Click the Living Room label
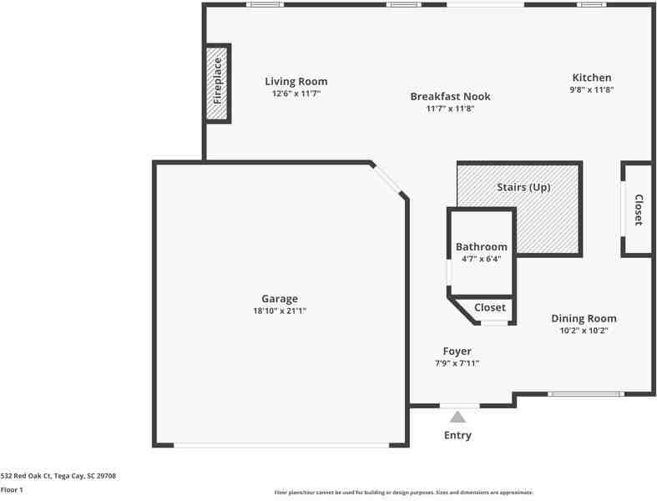pyautogui.click(x=296, y=81)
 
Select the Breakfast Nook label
pyautogui.click(x=450, y=96)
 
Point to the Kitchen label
pyautogui.click(x=591, y=78)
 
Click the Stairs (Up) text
pyautogui.click(x=523, y=187)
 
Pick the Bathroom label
pyautogui.click(x=481, y=246)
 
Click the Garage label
pyautogui.click(x=279, y=298)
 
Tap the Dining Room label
pyautogui.click(x=584, y=318)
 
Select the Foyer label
pyautogui.click(x=457, y=351)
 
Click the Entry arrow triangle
pyautogui.click(x=457, y=417)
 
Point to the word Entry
pyautogui.click(x=457, y=435)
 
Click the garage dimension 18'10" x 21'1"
pyautogui.click(x=279, y=311)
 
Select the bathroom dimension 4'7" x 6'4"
pyautogui.click(x=481, y=259)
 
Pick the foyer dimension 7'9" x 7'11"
pyautogui.click(x=457, y=363)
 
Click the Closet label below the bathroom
pyautogui.click(x=489, y=307)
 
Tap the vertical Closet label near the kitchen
pyautogui.click(x=639, y=210)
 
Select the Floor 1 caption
pyautogui.click(x=12, y=490)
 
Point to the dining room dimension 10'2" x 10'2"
pyautogui.click(x=584, y=331)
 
